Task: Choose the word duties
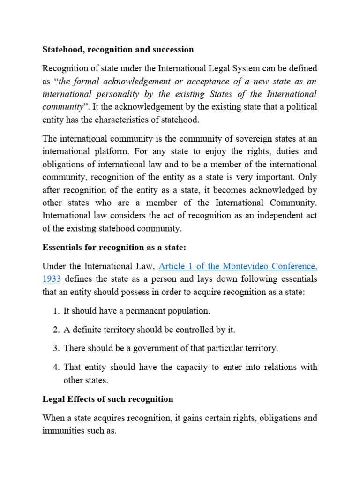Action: (x=285, y=151)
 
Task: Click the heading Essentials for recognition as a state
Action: (x=114, y=247)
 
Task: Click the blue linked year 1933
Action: (x=51, y=279)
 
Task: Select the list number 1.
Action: (x=55, y=311)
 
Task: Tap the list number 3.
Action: (x=55, y=348)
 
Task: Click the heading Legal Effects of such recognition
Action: (x=108, y=399)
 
